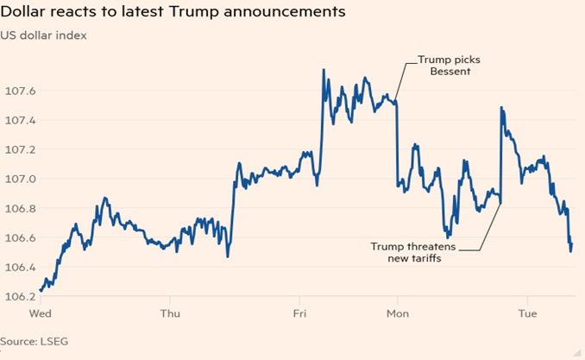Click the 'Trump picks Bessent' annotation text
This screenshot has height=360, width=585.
(449, 65)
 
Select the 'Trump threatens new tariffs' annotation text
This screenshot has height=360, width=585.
(412, 252)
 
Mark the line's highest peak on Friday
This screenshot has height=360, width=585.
(324, 70)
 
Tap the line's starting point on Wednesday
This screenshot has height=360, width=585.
(40, 291)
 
